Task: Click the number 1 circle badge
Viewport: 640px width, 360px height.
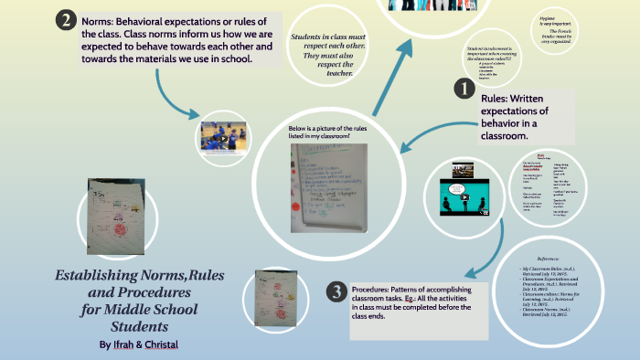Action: [464, 89]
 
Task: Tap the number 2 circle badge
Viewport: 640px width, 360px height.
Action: [66, 20]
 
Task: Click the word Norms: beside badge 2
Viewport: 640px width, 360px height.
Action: [100, 21]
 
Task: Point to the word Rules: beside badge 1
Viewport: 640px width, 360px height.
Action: [500, 98]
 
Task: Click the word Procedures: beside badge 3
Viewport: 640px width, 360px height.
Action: [378, 288]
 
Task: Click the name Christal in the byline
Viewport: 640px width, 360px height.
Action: [161, 344]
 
